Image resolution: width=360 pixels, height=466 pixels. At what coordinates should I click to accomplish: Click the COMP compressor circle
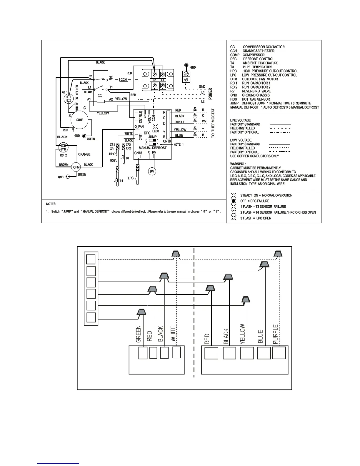pyautogui.click(x=80, y=120)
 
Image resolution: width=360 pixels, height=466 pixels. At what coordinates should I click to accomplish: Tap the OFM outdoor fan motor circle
pyautogui.click(x=76, y=167)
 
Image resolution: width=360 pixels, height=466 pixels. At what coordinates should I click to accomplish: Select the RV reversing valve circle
pyautogui.click(x=152, y=172)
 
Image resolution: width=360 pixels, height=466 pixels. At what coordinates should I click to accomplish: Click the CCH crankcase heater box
pyautogui.click(x=124, y=80)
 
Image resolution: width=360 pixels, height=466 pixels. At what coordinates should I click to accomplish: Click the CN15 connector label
pyautogui.click(x=138, y=153)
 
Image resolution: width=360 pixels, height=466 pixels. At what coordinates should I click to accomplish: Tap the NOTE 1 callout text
pyautogui.click(x=179, y=145)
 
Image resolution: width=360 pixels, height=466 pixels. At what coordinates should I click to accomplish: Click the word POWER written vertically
pyautogui.click(x=211, y=94)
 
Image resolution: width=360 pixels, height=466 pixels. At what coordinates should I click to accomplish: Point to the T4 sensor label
pyautogui.click(x=121, y=181)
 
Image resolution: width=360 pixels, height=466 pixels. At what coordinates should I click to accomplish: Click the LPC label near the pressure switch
pyautogui.click(x=131, y=178)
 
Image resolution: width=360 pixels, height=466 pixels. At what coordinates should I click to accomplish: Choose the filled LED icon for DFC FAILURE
pyautogui.click(x=234, y=201)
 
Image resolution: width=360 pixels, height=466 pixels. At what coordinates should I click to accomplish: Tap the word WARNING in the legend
pyautogui.click(x=237, y=164)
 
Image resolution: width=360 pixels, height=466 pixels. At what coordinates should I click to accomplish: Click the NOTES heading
pyautogui.click(x=51, y=204)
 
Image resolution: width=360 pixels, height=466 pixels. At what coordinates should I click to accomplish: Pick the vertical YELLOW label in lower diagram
pyautogui.click(x=242, y=334)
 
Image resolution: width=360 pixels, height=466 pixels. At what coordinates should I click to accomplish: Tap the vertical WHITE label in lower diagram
pyautogui.click(x=173, y=333)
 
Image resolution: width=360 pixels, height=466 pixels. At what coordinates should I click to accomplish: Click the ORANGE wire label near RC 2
pyautogui.click(x=84, y=154)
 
